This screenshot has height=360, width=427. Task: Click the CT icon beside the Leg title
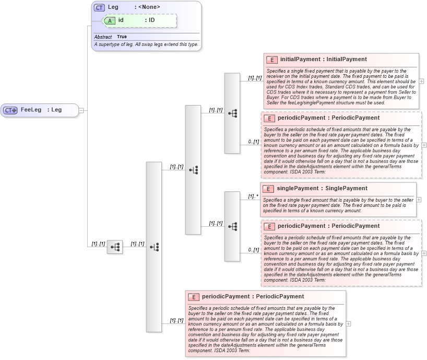click(x=99, y=7)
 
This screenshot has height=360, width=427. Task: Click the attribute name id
click(x=121, y=20)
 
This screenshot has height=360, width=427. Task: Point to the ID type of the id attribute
click(x=151, y=20)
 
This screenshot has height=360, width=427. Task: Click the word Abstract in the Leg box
click(x=103, y=37)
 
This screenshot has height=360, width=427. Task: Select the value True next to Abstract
click(x=122, y=37)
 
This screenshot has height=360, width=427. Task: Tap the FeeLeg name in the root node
click(x=31, y=110)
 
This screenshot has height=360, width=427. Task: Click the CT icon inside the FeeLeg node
click(x=10, y=110)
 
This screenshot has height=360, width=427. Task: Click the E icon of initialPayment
click(x=271, y=60)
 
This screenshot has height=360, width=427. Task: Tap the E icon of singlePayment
click(x=268, y=189)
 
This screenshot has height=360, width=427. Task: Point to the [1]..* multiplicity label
click(x=253, y=196)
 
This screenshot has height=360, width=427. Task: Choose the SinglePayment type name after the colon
click(x=347, y=189)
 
